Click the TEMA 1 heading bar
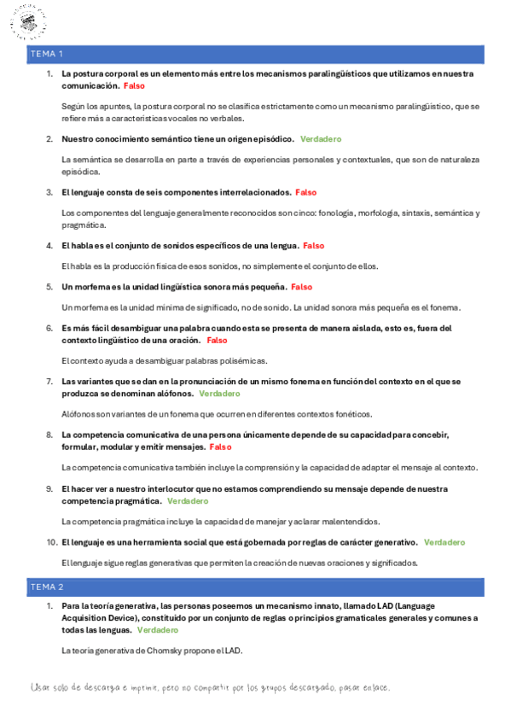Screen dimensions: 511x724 tap(255, 54)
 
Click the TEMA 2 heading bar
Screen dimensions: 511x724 tap(255, 587)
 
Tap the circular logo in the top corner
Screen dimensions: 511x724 tap(28, 23)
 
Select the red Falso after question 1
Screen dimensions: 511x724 tap(134, 86)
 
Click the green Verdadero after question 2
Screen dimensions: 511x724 tap(321, 138)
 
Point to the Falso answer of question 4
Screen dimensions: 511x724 tap(313, 246)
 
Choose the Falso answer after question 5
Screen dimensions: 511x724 tap(301, 287)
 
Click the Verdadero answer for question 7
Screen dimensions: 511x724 tap(219, 394)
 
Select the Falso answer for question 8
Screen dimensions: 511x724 tap(220, 447)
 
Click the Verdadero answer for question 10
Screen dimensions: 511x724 tap(444, 542)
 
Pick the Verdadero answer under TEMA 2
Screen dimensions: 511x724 tap(158, 629)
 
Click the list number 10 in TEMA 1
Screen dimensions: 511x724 tap(51, 542)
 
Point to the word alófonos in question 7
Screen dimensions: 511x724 tap(173, 394)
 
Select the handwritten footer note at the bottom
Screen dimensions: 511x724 tap(210, 688)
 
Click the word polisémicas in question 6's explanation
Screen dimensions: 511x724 tap(242, 360)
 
